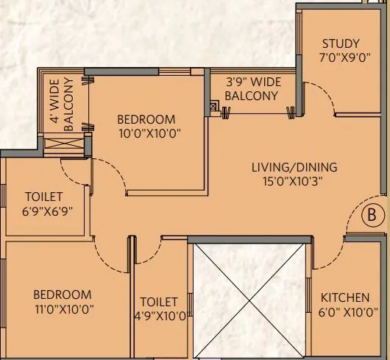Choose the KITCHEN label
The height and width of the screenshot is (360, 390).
pyautogui.click(x=345, y=297)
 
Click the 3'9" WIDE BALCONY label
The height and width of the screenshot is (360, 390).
pyautogui.click(x=252, y=89)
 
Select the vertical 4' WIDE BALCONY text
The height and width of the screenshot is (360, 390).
pyautogui.click(x=62, y=105)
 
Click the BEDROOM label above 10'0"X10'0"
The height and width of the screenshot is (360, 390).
pyautogui.click(x=147, y=119)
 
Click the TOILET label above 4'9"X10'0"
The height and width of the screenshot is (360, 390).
pyautogui.click(x=159, y=302)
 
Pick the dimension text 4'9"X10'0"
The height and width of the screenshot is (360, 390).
pyautogui.click(x=159, y=317)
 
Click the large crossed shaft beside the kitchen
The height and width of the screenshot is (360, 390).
pyautogui.click(x=247, y=301)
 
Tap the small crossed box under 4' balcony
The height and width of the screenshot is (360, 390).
pyautogui.click(x=62, y=144)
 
